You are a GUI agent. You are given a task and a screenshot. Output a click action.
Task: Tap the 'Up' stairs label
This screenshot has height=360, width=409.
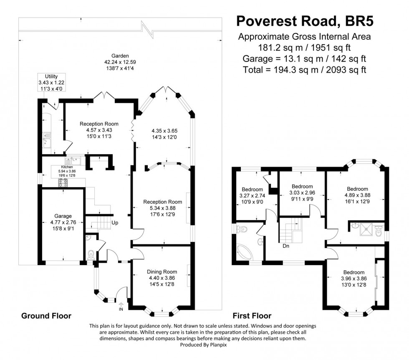(x=115, y=223)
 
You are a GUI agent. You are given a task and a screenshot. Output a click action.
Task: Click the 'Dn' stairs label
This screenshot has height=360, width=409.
(x=286, y=246)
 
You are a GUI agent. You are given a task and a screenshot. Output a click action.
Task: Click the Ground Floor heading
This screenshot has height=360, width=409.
(x=46, y=316)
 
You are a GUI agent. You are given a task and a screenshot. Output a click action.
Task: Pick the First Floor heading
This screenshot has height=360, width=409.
(x=252, y=316)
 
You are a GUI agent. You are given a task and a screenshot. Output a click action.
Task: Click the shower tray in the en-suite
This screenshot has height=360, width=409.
(x=366, y=229)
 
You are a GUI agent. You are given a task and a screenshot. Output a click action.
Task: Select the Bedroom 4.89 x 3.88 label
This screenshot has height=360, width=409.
(x=357, y=189)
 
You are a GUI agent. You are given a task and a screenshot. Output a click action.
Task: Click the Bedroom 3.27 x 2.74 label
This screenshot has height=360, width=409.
(x=252, y=189)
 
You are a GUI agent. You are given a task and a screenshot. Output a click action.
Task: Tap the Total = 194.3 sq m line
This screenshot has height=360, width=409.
(x=304, y=70)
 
